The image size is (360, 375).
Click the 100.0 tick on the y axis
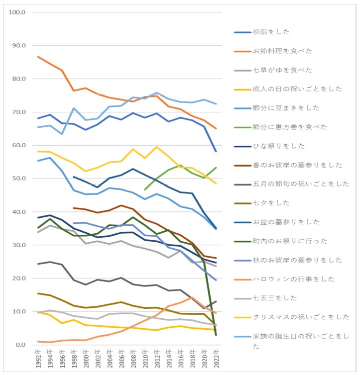pyautogui.click(x=18, y=12)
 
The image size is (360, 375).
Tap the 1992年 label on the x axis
pyautogui.click(x=38, y=359)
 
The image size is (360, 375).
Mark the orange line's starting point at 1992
pyautogui.click(x=38, y=57)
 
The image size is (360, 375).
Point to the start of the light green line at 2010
pyautogui.click(x=145, y=189)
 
